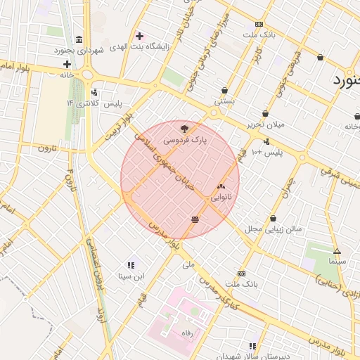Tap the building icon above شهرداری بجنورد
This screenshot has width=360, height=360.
pyautogui.click(x=78, y=39)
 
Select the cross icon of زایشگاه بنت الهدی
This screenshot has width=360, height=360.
pyautogui.click(x=139, y=36)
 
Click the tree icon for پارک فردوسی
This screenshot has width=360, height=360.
pyautogui.click(x=185, y=129)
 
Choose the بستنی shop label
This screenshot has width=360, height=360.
pyautogui.click(x=224, y=102)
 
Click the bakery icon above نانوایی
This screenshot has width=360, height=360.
pyautogui.click(x=221, y=187)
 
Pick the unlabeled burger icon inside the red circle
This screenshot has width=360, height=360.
pyautogui.click(x=194, y=220)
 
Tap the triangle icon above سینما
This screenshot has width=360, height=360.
pyautogui.click(x=337, y=251)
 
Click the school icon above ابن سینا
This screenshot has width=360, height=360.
pyautogui.click(x=131, y=265)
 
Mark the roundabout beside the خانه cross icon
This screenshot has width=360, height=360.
pyautogui.click(x=88, y=74)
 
